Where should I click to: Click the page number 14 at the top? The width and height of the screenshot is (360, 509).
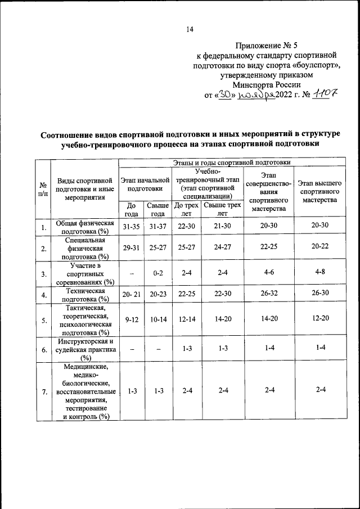[190, 30]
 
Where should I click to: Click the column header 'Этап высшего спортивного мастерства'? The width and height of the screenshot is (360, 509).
[319, 191]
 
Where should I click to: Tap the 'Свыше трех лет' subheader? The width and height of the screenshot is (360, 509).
[223, 209]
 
